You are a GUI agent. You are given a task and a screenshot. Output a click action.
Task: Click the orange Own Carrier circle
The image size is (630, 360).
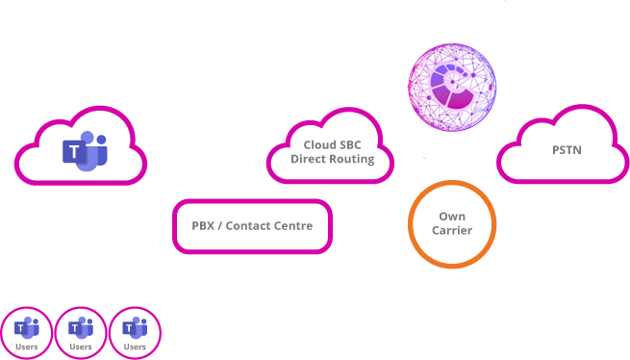click(x=452, y=224)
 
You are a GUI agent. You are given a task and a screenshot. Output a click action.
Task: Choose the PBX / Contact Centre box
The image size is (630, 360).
click(x=253, y=226)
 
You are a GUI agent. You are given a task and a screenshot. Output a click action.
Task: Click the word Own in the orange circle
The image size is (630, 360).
click(x=452, y=217)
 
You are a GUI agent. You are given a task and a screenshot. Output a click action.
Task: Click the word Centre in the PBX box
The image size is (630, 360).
click(x=290, y=226)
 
